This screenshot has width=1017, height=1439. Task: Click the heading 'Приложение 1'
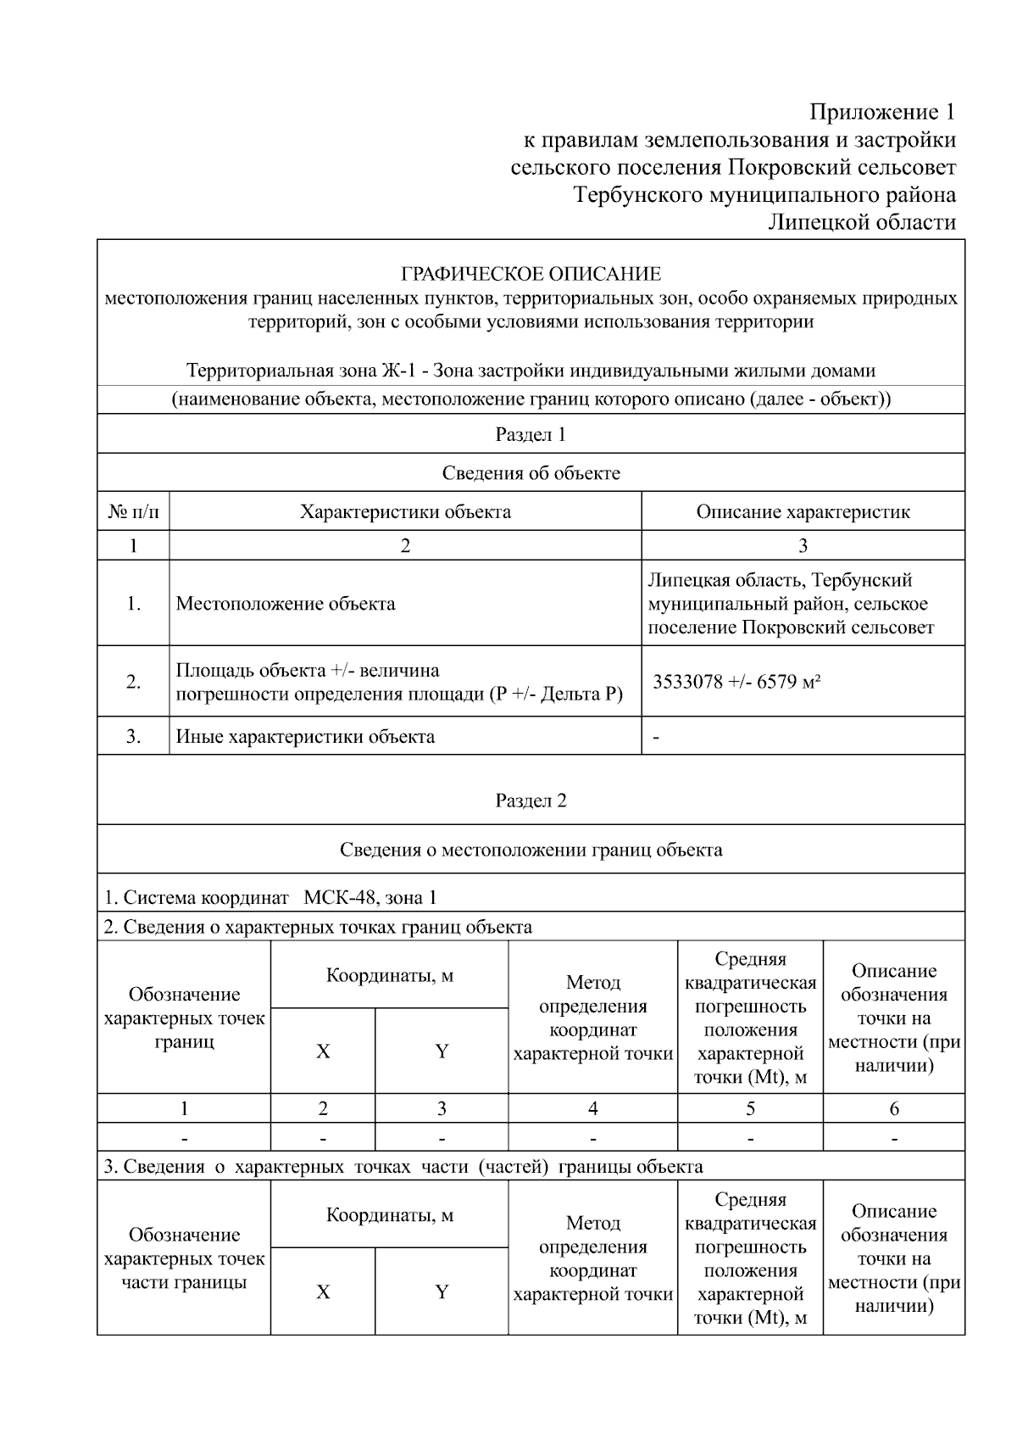click(x=882, y=113)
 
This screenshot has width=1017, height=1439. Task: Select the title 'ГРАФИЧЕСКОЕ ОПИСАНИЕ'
click(x=531, y=274)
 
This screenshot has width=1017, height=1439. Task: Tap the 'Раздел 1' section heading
click(x=531, y=435)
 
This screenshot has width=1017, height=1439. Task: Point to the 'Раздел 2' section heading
click(x=531, y=801)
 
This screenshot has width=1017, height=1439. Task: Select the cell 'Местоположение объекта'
click(x=286, y=604)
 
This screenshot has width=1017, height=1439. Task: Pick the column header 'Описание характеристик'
click(x=803, y=512)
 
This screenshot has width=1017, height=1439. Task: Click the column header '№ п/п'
click(x=133, y=512)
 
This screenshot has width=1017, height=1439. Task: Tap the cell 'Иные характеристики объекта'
click(x=305, y=737)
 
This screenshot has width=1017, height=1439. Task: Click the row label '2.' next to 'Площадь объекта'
click(x=133, y=682)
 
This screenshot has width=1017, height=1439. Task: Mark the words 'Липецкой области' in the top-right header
click(x=861, y=223)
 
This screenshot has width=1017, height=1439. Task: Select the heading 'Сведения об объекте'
click(x=531, y=473)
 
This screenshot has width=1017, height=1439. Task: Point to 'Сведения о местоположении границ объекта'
click(x=531, y=850)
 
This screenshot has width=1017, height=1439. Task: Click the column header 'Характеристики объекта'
click(x=405, y=512)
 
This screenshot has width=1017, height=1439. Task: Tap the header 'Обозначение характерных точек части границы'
click(x=184, y=1258)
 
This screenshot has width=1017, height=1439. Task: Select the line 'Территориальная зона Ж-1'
click(x=531, y=371)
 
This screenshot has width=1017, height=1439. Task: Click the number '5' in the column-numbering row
click(x=750, y=1108)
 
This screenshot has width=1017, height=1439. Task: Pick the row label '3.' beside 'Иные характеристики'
click(x=133, y=737)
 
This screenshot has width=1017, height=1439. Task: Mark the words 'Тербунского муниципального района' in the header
click(x=764, y=195)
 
